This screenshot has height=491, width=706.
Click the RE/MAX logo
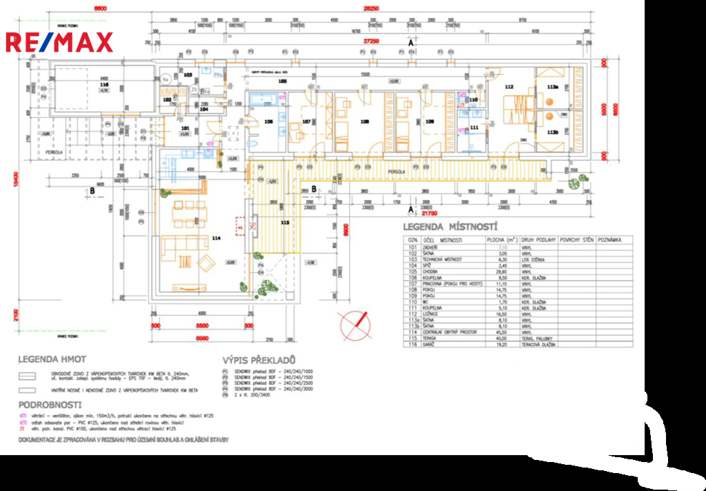pyautogui.click(x=59, y=43)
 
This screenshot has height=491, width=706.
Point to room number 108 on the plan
pyautogui.click(x=365, y=122)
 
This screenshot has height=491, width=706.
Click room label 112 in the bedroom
pyautogui.click(x=510, y=87)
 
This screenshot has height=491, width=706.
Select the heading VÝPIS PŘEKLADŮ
pyautogui.click(x=259, y=360)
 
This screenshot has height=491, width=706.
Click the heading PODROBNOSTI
pyautogui.click(x=50, y=404)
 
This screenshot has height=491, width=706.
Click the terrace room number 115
pyautogui.click(x=285, y=223)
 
